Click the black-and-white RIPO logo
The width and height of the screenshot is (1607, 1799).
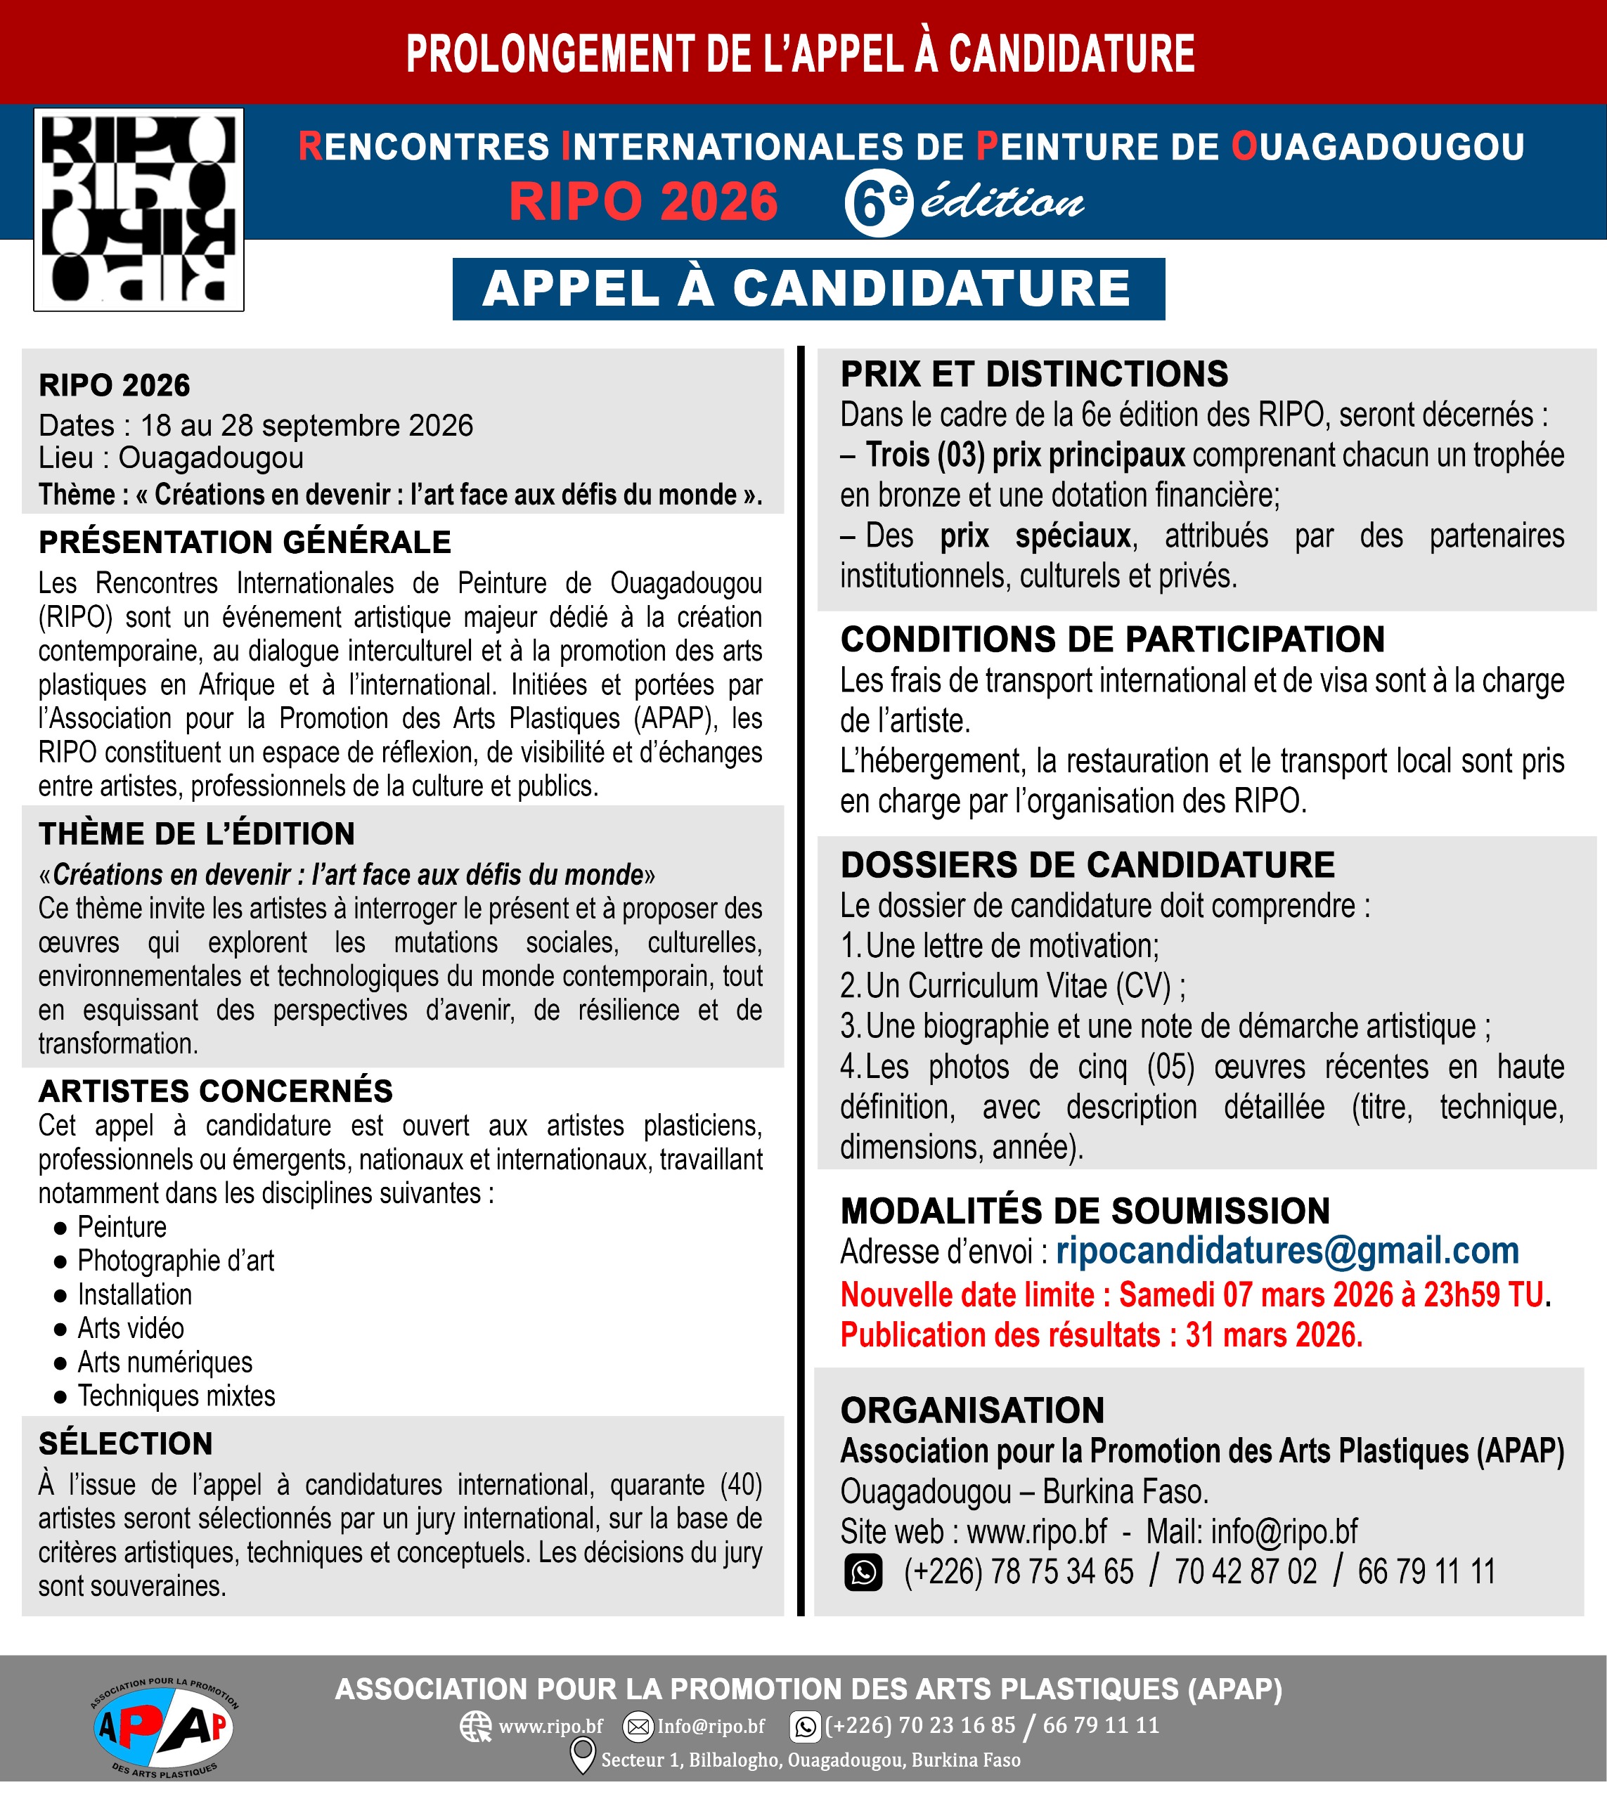(x=138, y=209)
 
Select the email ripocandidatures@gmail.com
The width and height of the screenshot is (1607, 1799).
(x=1286, y=1251)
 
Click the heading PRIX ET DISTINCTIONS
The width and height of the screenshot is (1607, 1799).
(x=1033, y=375)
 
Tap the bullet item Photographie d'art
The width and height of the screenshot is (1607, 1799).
(x=176, y=1261)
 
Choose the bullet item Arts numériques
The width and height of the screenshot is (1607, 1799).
(x=165, y=1362)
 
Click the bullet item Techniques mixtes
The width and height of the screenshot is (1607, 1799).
(x=176, y=1396)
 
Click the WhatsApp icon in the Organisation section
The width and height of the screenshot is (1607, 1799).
(x=863, y=1572)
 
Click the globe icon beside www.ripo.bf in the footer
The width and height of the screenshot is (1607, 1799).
(x=476, y=1726)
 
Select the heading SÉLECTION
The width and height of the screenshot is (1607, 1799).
(x=125, y=1443)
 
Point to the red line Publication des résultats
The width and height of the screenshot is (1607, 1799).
(x=1101, y=1334)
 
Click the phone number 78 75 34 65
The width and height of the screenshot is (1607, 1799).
(x=1061, y=1572)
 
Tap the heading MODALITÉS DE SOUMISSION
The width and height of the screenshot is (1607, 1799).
(x=1084, y=1211)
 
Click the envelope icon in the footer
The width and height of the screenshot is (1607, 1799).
(x=638, y=1726)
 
